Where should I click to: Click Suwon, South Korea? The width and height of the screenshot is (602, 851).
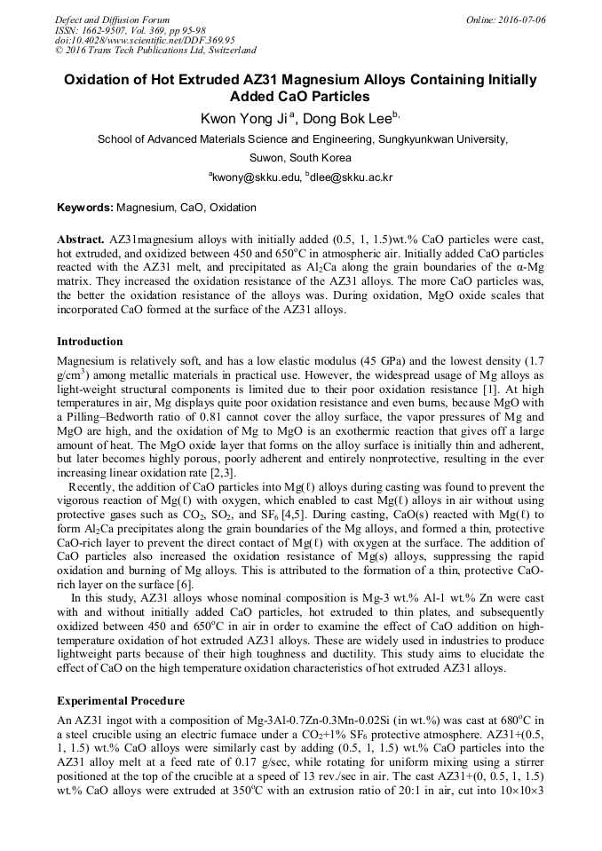tap(300, 158)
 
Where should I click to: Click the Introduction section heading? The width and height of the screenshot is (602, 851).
tap(90, 342)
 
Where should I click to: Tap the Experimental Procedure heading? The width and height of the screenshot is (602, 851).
tap(121, 701)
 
